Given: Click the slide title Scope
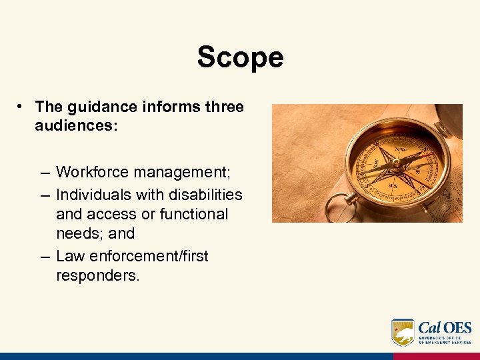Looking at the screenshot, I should pyautogui.click(x=240, y=57).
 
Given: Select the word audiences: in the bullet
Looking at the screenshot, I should pyautogui.click(x=77, y=125).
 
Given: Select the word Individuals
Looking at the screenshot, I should pyautogui.click(x=93, y=194).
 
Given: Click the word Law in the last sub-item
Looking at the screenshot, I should pyautogui.click(x=69, y=256).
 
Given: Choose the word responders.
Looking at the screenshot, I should pyautogui.click(x=98, y=275).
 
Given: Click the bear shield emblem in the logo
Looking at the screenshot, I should pyautogui.click(x=403, y=332).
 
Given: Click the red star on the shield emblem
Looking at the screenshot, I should pyautogui.click(x=397, y=329).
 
